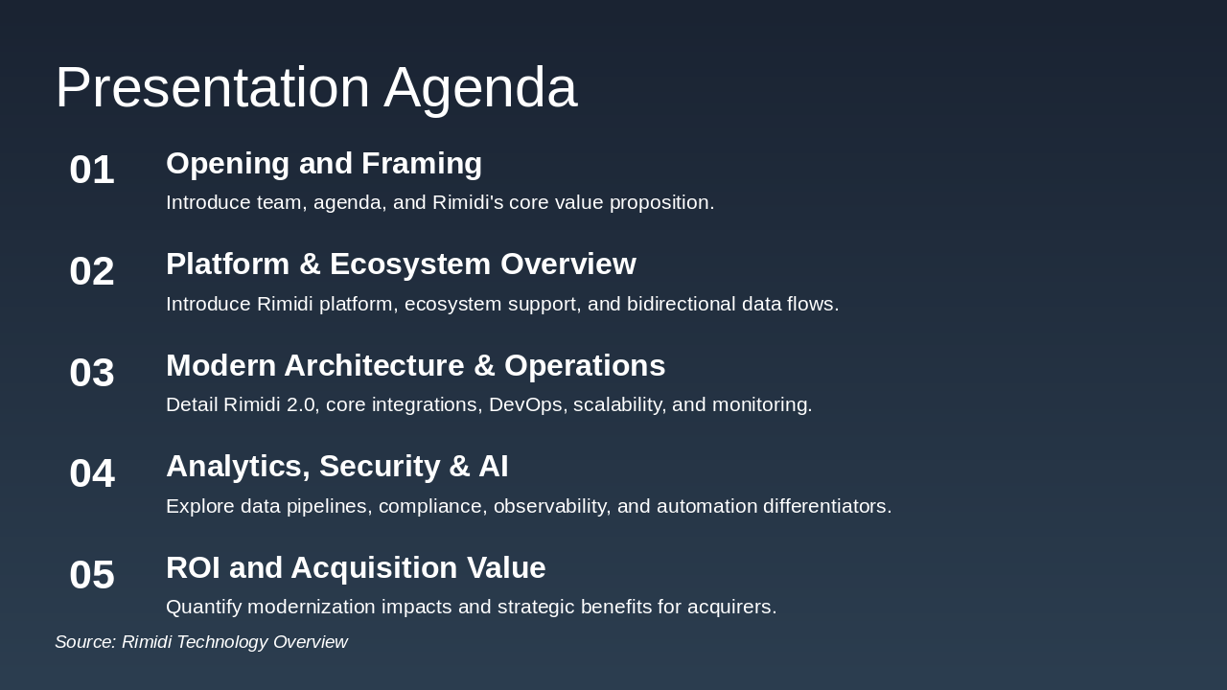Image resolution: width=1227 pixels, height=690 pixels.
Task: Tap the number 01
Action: pyautogui.click(x=92, y=170)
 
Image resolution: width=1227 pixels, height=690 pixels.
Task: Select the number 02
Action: pyautogui.click(x=92, y=271)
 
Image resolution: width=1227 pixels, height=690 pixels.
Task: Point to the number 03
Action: pyautogui.click(x=92, y=373)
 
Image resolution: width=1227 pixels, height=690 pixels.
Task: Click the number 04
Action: pyautogui.click(x=92, y=473)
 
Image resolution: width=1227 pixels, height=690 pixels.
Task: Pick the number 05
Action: pyautogui.click(x=92, y=574)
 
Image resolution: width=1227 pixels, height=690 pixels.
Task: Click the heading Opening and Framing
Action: pyautogui.click(x=324, y=164)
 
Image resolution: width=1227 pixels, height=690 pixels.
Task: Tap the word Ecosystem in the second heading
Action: pyautogui.click(x=410, y=264)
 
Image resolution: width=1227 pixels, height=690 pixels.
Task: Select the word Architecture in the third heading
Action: pyautogui.click(x=374, y=365)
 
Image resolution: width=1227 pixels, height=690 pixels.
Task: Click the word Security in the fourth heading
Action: pyautogui.click(x=380, y=467)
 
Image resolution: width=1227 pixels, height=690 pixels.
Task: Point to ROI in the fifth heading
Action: pyautogui.click(x=194, y=567)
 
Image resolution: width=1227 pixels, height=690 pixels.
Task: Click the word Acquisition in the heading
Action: pyautogui.click(x=374, y=568)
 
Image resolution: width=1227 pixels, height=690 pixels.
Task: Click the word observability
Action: pyautogui.click(x=551, y=507)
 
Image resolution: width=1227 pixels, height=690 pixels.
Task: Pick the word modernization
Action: pyautogui.click(x=312, y=607)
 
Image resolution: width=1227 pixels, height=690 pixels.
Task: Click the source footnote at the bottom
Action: pyautogui.click(x=201, y=642)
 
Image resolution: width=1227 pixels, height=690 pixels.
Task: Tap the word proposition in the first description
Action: pyautogui.click(x=661, y=203)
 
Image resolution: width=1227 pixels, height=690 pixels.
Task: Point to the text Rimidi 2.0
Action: pyautogui.click(x=269, y=404)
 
